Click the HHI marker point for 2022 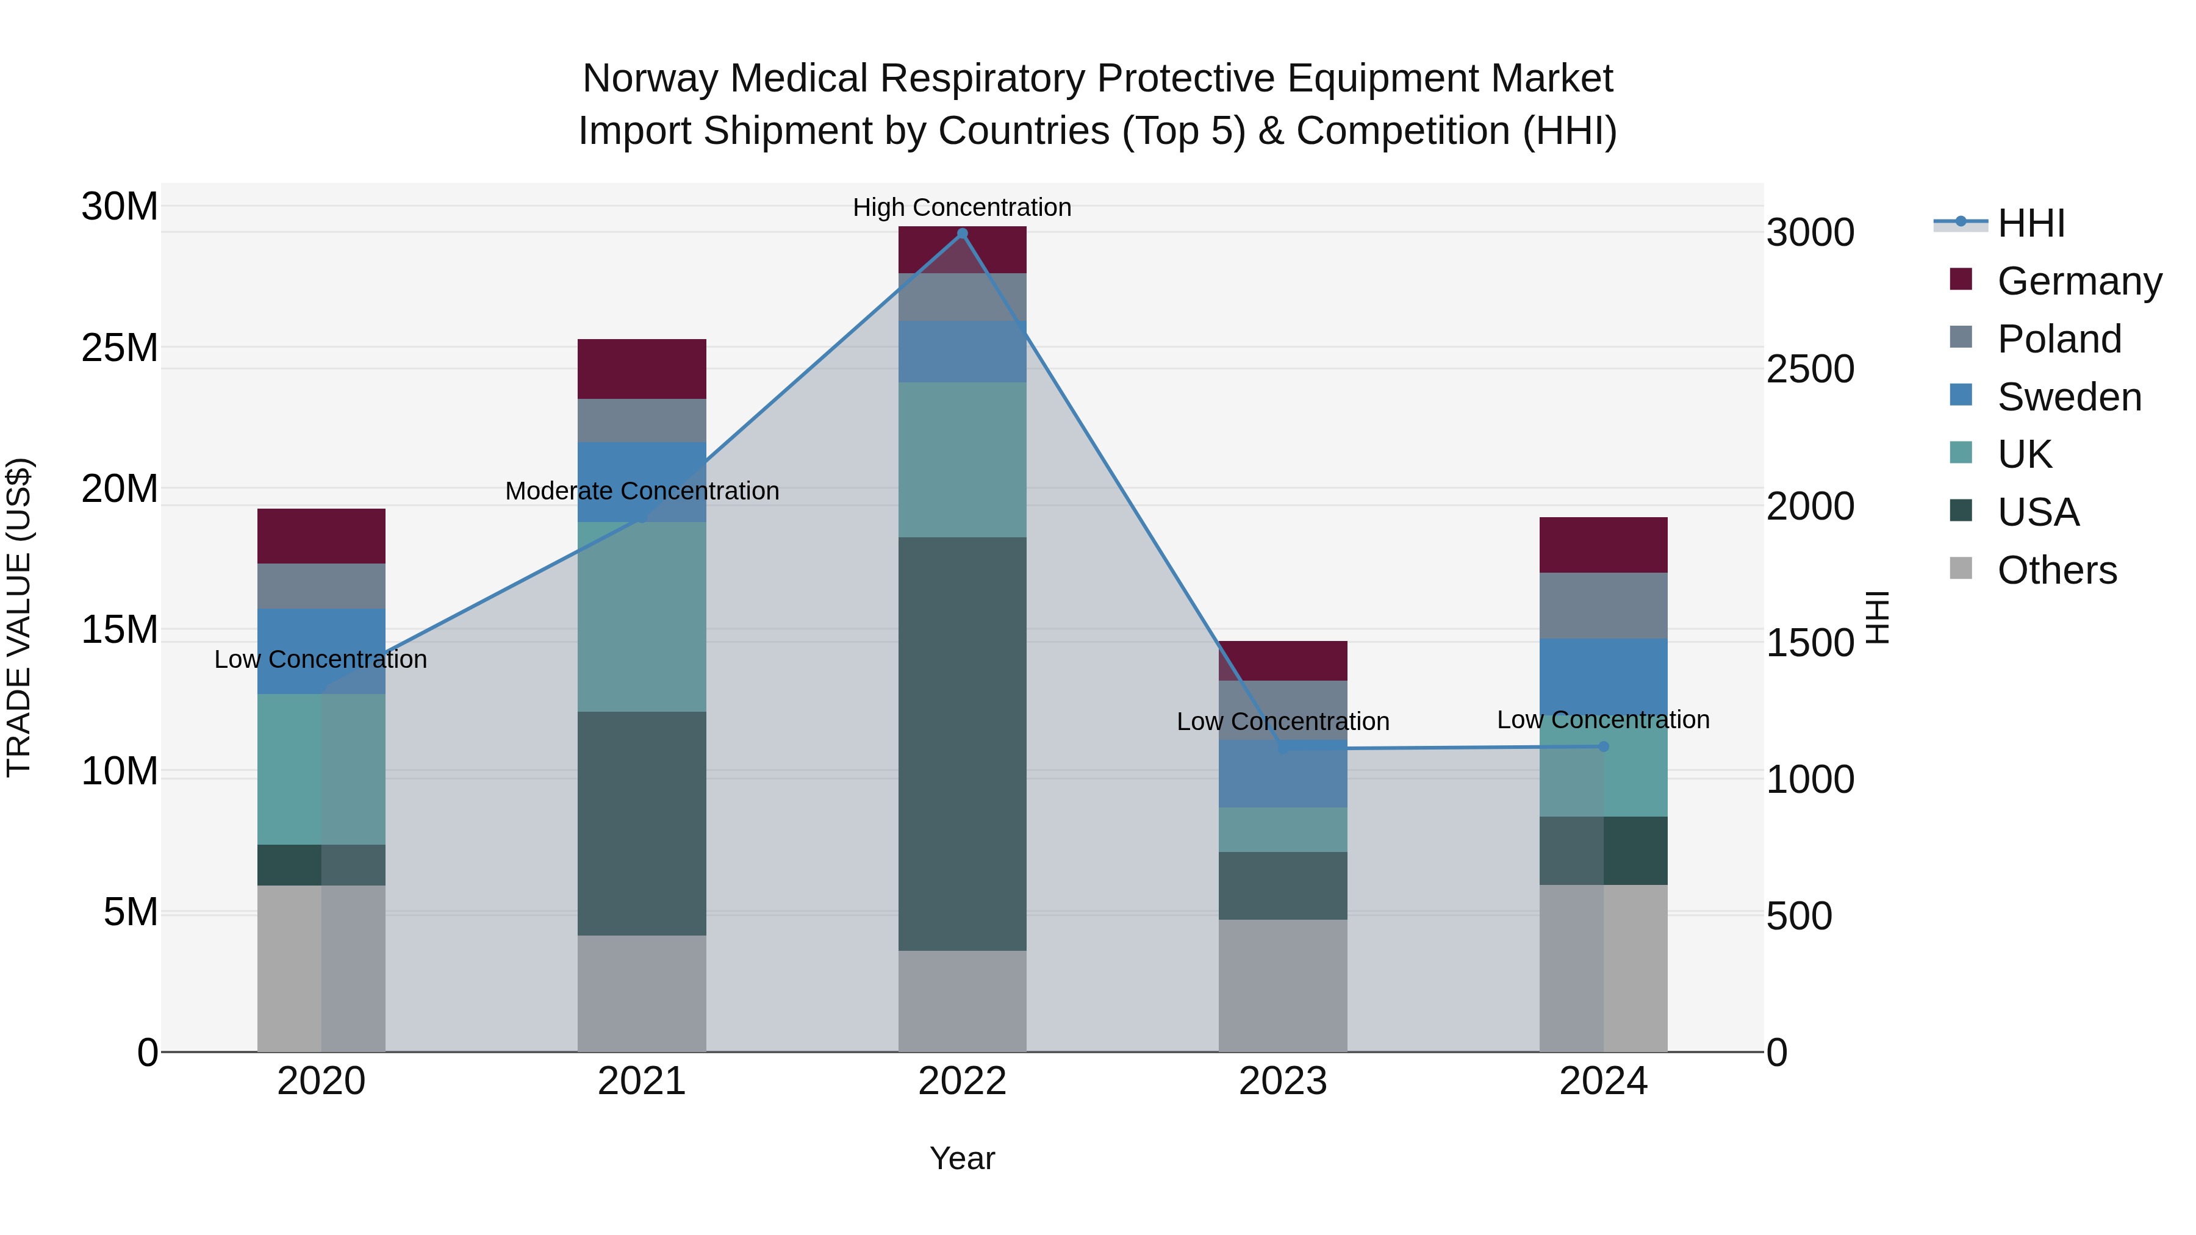tap(963, 234)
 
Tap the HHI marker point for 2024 tap(1604, 746)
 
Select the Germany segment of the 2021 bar tap(642, 369)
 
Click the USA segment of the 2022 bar tap(963, 743)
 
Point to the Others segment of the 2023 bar tap(1283, 986)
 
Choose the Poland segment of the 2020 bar tap(321, 586)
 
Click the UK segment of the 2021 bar tap(642, 617)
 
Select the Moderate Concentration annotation tap(642, 492)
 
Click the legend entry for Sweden tap(2069, 397)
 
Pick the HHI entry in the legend tap(2031, 223)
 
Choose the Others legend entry tap(2056, 570)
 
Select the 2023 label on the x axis tap(1283, 1081)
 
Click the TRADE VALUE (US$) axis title tap(19, 617)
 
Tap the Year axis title tap(963, 1158)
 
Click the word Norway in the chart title tap(650, 79)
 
